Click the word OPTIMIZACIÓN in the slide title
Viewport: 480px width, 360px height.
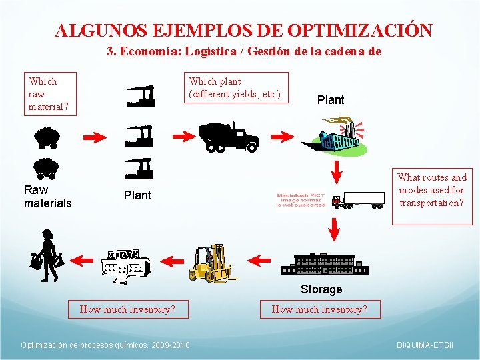[360, 31]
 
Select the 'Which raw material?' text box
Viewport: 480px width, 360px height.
[50, 94]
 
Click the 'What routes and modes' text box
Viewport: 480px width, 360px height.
[432, 190]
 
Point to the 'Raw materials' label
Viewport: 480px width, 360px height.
[47, 197]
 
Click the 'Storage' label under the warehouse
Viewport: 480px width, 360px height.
[321, 289]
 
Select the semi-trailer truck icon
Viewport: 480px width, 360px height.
[359, 199]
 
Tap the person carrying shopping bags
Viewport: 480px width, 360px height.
[47, 257]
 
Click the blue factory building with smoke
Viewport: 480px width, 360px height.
[333, 137]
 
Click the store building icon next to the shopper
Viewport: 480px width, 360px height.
[127, 265]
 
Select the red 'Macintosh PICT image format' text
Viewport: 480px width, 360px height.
[301, 199]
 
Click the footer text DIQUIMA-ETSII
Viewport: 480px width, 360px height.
[425, 345]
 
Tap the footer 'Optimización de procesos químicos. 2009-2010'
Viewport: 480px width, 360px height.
[105, 345]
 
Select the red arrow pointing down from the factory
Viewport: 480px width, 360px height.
[337, 169]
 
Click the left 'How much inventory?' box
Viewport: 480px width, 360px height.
[127, 309]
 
